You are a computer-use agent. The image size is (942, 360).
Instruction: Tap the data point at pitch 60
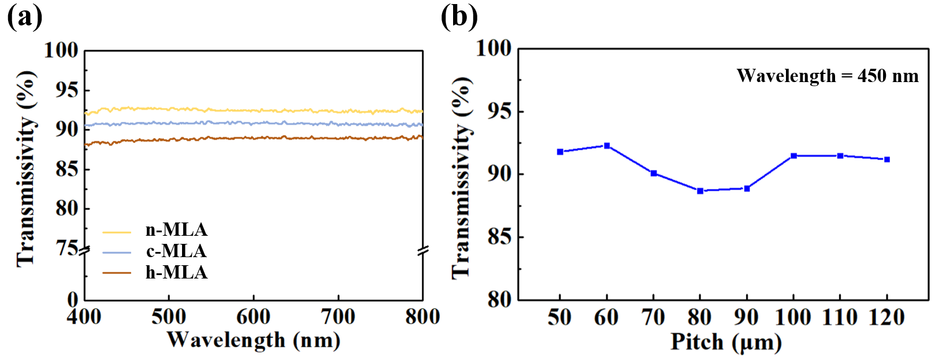pyautogui.click(x=607, y=146)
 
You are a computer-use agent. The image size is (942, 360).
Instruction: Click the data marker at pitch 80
pyautogui.click(x=700, y=191)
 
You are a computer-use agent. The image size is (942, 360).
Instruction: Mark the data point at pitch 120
pyautogui.click(x=887, y=159)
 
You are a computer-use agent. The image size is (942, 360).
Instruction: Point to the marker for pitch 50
pyautogui.click(x=560, y=152)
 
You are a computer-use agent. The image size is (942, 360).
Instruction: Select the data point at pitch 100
pyautogui.click(x=793, y=156)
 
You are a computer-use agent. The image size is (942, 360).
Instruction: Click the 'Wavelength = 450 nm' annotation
pyautogui.click(x=827, y=76)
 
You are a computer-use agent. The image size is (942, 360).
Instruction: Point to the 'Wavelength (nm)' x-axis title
pyautogui.click(x=253, y=340)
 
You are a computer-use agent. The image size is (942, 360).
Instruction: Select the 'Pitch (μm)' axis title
pyautogui.click(x=726, y=342)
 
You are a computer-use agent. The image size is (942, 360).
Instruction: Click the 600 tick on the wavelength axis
pyautogui.click(x=253, y=317)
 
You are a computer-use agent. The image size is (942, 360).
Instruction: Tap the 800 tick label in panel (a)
pyautogui.click(x=422, y=317)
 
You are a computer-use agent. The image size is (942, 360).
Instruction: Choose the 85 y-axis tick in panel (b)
pyautogui.click(x=499, y=237)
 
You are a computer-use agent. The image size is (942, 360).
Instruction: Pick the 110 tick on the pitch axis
pyautogui.click(x=840, y=317)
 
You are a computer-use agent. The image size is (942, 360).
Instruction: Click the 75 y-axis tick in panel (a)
pyautogui.click(x=67, y=248)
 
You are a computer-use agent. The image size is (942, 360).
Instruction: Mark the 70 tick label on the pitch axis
pyautogui.click(x=653, y=317)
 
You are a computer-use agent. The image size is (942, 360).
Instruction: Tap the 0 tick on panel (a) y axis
pyautogui.click(x=73, y=299)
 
